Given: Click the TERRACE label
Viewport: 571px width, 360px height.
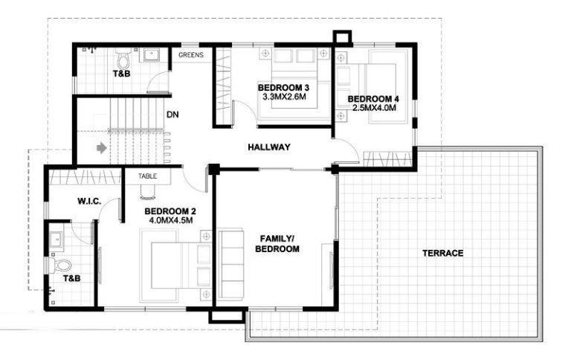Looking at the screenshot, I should (x=442, y=253).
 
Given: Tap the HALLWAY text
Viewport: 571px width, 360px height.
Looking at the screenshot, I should (x=268, y=147).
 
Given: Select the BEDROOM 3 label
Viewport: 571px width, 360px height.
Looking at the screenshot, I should (x=283, y=88).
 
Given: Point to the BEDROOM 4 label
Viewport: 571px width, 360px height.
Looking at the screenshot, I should (x=373, y=99).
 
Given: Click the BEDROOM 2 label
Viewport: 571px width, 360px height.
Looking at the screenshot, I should (x=170, y=210).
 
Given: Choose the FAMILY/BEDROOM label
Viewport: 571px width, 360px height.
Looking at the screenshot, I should (x=277, y=244).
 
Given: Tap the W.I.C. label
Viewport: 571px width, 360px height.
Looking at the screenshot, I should (x=89, y=201).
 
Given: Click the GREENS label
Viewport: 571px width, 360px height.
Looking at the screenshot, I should (x=191, y=54).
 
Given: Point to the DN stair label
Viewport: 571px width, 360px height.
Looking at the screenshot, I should (x=172, y=115).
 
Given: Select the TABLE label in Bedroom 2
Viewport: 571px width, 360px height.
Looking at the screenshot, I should (x=147, y=176).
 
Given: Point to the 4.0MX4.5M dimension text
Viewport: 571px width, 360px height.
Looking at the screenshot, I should (x=170, y=220).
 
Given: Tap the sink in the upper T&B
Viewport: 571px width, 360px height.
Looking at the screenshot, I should (x=153, y=54).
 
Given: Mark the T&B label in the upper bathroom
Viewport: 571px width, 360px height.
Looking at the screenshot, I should (x=120, y=74).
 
